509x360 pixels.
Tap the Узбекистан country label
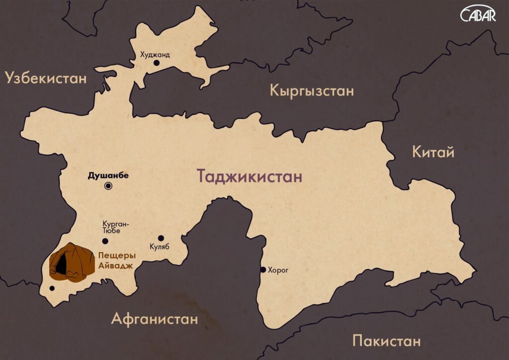[x=46, y=78]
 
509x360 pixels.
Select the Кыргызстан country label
[x=312, y=91]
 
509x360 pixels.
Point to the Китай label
[x=433, y=152]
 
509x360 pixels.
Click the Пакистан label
[x=386, y=341]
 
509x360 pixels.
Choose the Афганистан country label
[x=155, y=318]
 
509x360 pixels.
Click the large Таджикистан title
[x=250, y=177]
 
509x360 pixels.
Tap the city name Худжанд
[x=155, y=55]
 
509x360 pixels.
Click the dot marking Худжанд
[x=156, y=63]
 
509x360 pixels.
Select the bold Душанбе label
[x=108, y=176]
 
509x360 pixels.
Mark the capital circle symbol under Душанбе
[x=108, y=186]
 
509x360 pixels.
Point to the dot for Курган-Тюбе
[x=105, y=241]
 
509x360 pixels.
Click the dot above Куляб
[x=161, y=238]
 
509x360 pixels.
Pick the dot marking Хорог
[x=263, y=270]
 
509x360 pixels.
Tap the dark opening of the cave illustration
[x=60, y=264]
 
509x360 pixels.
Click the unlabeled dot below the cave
[x=52, y=288]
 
